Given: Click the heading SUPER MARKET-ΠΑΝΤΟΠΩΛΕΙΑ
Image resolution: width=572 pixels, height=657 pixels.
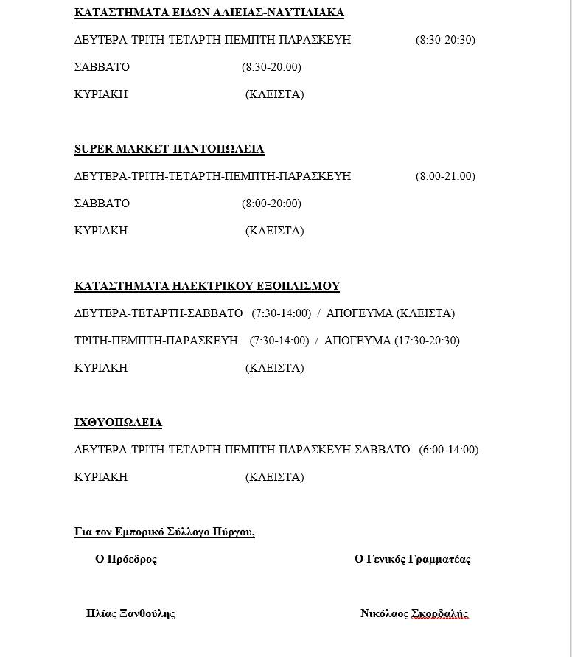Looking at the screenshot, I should [x=169, y=149].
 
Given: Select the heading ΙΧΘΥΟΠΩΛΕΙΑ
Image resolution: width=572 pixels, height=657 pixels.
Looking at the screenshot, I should [x=118, y=423].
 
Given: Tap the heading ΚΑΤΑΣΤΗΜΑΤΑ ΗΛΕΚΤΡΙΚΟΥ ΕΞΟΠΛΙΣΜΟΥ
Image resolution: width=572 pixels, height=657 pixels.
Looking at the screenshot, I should [x=207, y=286].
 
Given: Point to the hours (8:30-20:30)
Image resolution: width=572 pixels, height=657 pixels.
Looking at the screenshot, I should [x=445, y=40].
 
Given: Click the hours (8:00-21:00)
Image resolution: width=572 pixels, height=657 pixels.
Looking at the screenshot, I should [x=445, y=176].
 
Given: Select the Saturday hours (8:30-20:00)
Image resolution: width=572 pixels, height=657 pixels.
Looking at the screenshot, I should [x=271, y=67].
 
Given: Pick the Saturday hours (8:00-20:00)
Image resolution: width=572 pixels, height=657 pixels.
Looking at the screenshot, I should [x=271, y=204].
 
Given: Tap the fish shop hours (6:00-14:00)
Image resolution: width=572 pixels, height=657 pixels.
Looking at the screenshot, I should [x=448, y=450].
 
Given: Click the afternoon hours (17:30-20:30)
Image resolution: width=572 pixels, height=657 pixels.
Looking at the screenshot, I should [x=427, y=341].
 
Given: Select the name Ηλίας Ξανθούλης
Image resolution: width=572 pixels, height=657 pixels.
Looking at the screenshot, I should [x=130, y=613].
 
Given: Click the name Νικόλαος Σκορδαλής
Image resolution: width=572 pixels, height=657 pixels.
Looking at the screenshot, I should [x=414, y=613].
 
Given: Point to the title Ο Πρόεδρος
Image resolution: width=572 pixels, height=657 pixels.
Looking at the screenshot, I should [x=126, y=559].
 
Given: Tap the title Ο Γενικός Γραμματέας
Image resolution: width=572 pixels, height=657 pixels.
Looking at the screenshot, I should [x=413, y=559].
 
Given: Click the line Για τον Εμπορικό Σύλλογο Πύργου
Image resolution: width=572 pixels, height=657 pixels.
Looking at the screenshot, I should [x=164, y=532].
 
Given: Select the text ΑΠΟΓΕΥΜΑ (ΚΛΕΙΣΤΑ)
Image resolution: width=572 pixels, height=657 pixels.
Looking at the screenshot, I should [x=390, y=313].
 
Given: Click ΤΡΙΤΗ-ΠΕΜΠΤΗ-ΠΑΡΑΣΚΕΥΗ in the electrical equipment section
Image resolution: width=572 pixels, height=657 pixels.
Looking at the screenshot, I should [x=156, y=341].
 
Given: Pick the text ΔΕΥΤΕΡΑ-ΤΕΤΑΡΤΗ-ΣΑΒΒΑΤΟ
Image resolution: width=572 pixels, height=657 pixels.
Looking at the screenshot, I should [x=158, y=313].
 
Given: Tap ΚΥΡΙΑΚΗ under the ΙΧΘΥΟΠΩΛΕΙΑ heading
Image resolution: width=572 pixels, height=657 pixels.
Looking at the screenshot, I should [x=101, y=477].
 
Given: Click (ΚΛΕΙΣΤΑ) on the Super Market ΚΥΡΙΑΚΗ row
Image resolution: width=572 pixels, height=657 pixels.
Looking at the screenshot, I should [x=274, y=231].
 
